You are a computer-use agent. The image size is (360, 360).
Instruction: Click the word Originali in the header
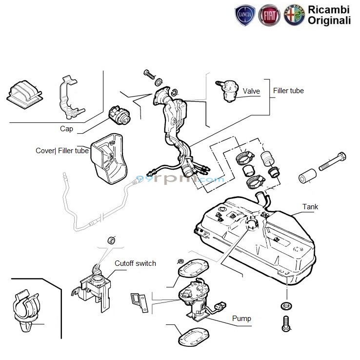click(x=329, y=20)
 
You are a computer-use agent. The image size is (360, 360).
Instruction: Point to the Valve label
click(x=251, y=91)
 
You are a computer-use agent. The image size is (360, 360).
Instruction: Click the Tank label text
click(x=310, y=207)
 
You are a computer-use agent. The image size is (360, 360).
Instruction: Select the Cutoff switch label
click(x=135, y=263)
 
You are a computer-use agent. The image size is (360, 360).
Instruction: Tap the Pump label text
click(x=241, y=319)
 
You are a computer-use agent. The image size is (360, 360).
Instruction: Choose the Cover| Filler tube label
click(x=62, y=151)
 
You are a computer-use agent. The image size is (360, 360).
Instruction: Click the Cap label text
click(x=66, y=129)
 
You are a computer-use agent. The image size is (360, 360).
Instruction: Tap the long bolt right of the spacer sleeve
click(x=333, y=161)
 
